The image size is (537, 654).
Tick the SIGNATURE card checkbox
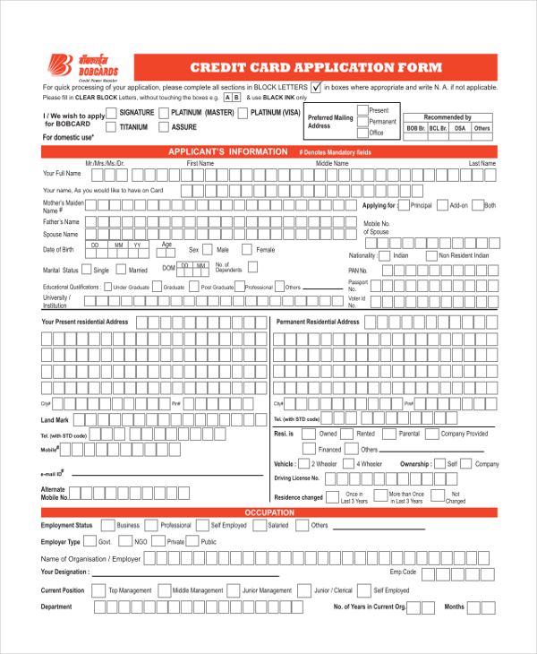[x=111, y=114]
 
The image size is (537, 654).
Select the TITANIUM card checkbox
[x=111, y=128]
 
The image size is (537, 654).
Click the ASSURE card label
[x=183, y=128]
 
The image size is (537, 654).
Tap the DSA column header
[x=460, y=128]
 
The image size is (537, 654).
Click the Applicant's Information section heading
[x=228, y=152]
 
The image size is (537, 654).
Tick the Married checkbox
[x=121, y=270]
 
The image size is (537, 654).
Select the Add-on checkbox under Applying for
[x=441, y=206]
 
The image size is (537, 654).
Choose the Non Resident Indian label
[x=464, y=255]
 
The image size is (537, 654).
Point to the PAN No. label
[x=358, y=270]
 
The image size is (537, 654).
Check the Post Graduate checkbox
[x=193, y=287]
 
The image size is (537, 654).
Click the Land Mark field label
[x=55, y=419]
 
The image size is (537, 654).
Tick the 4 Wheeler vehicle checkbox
[x=348, y=464]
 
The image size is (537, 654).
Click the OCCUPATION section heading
[x=269, y=512]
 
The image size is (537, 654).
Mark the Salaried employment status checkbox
[x=259, y=526]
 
